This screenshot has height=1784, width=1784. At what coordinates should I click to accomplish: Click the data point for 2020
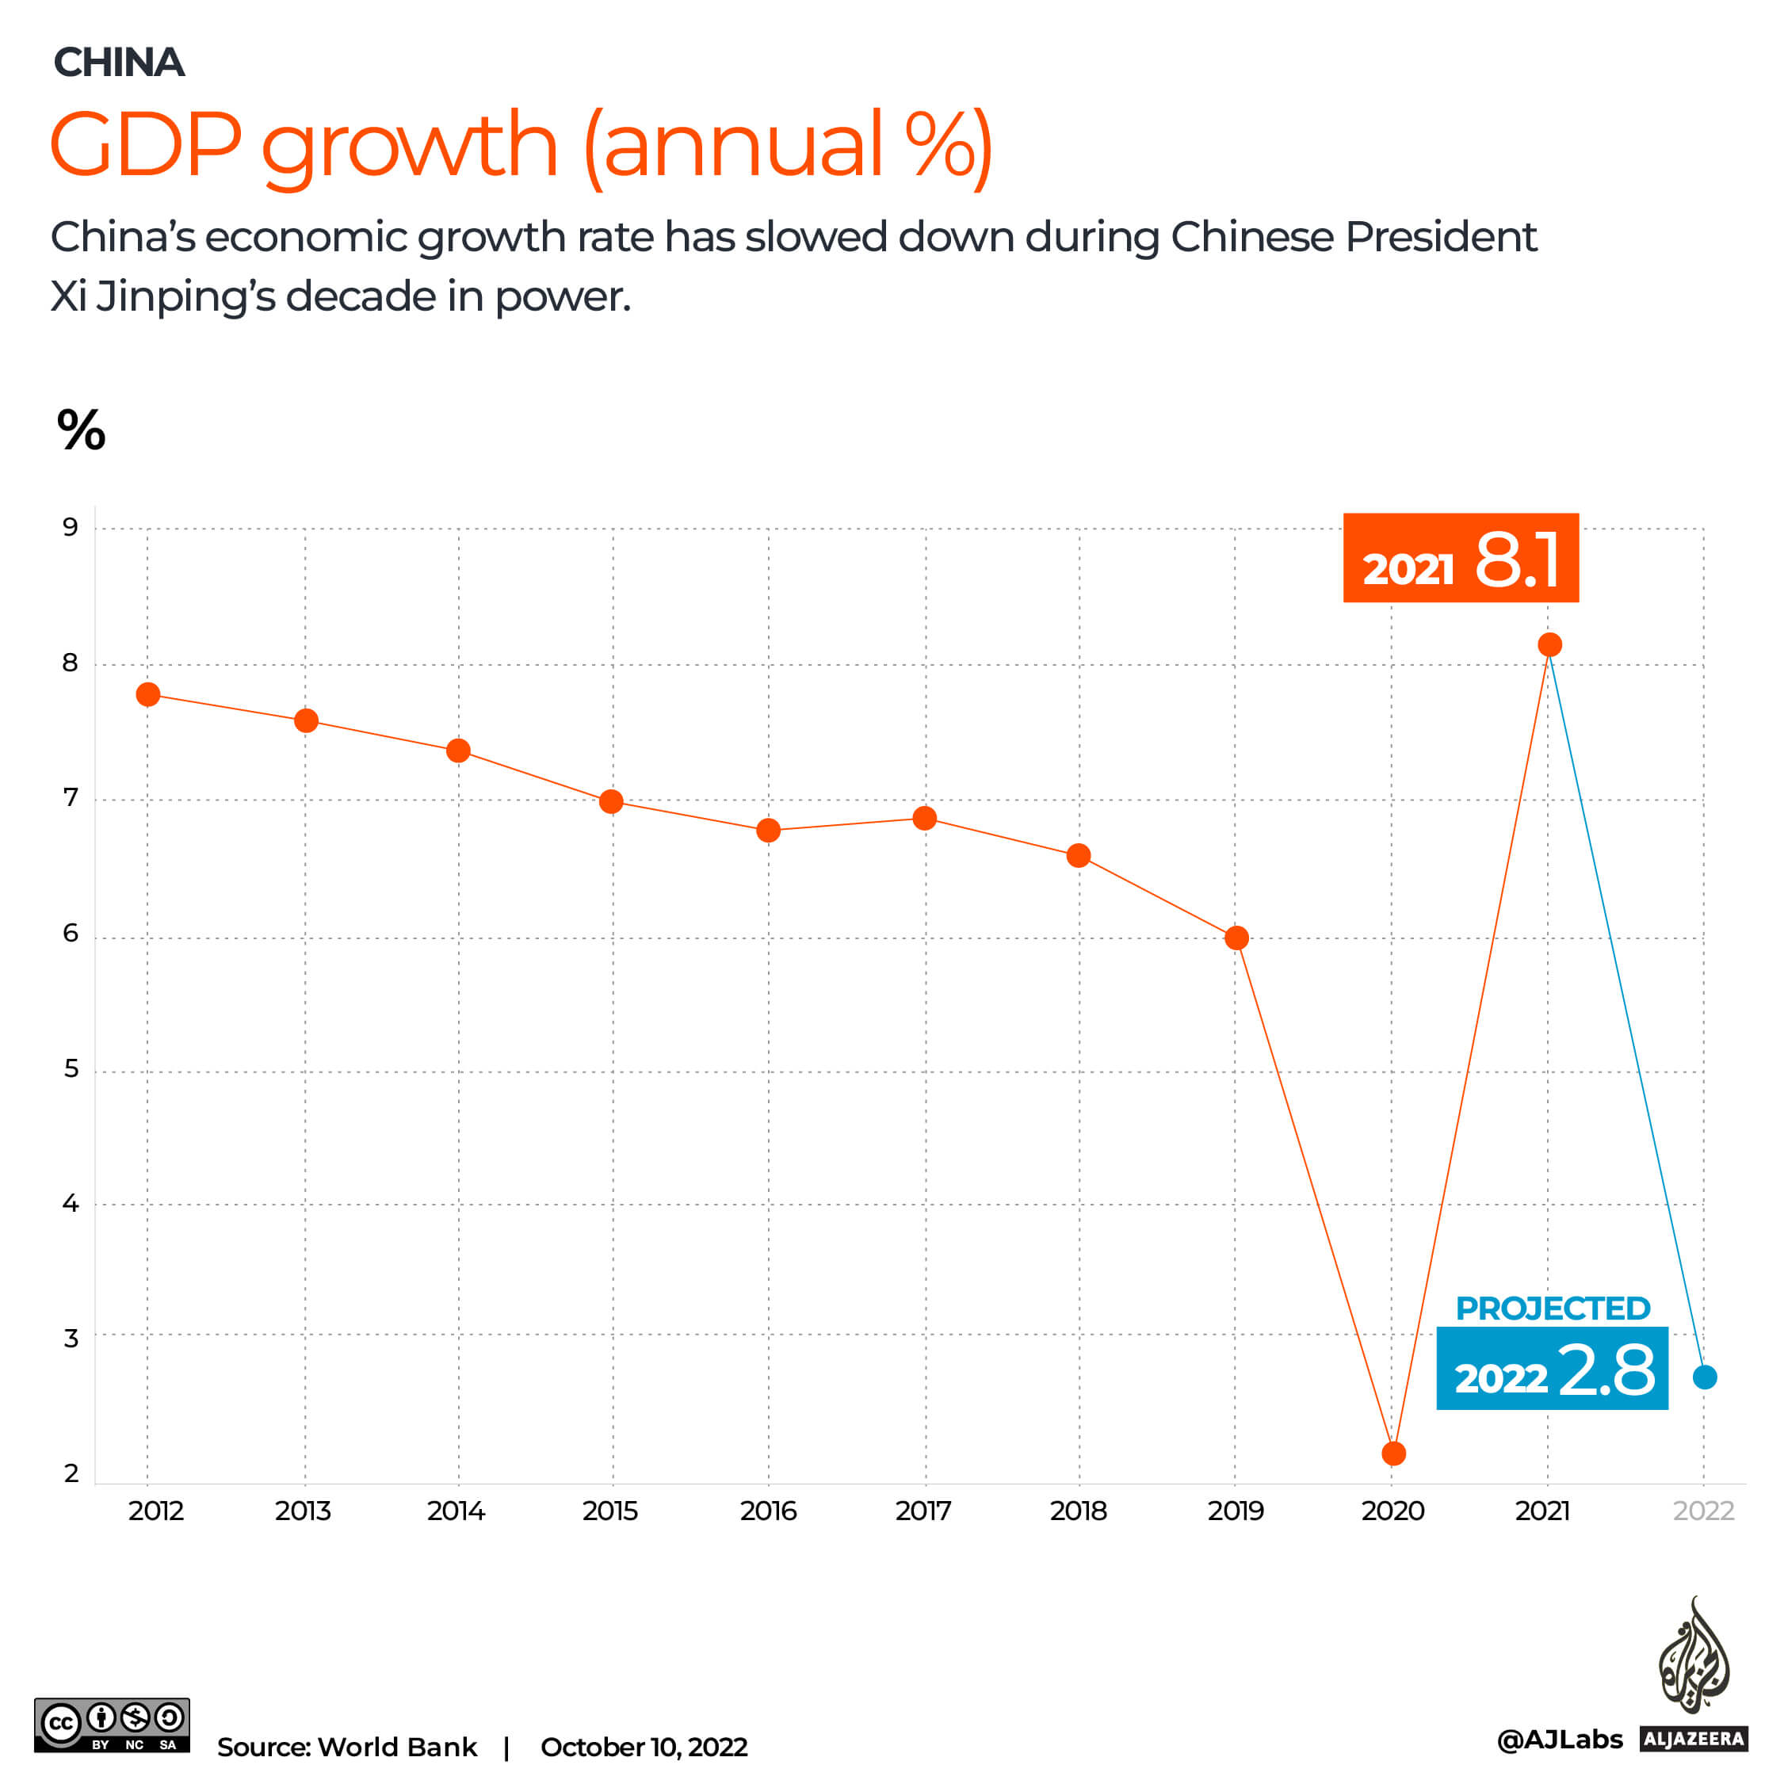click(x=1393, y=1454)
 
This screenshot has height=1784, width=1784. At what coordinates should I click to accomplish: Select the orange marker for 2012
click(x=147, y=694)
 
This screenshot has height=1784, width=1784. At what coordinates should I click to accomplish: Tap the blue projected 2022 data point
click(x=1705, y=1377)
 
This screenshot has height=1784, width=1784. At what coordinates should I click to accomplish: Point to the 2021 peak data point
click(x=1549, y=644)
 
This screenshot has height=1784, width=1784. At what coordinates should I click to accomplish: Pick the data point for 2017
click(x=924, y=818)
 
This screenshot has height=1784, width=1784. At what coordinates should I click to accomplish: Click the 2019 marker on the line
click(x=1236, y=938)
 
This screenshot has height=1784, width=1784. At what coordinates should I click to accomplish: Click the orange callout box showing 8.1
click(x=1461, y=558)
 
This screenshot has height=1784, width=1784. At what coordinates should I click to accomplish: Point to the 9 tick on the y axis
click(x=71, y=527)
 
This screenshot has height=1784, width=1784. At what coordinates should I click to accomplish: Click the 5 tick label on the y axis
click(x=71, y=1068)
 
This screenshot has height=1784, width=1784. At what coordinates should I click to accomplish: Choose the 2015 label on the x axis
click(x=609, y=1511)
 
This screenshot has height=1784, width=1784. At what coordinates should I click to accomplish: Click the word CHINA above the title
click(x=119, y=63)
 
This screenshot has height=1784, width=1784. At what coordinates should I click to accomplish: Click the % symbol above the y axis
click(x=82, y=430)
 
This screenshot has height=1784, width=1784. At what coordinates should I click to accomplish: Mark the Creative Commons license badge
click(x=112, y=1725)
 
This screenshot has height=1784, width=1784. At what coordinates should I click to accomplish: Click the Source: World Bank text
click(x=346, y=1747)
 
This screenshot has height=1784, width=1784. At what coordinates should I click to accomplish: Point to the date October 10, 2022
click(x=644, y=1747)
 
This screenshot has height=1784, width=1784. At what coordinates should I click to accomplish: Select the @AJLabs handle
click(x=1559, y=1740)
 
